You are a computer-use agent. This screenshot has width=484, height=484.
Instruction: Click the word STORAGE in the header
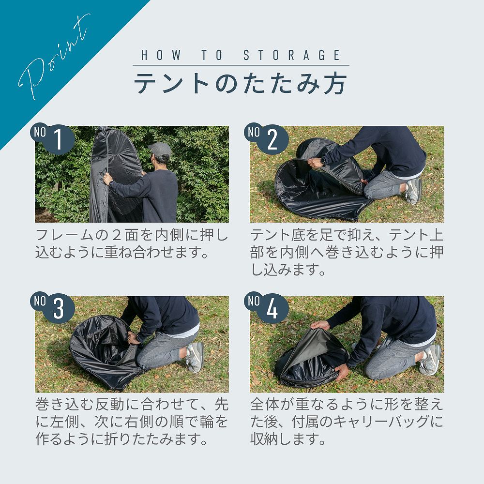point(292,55)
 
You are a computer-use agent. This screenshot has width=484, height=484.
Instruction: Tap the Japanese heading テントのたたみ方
point(241,83)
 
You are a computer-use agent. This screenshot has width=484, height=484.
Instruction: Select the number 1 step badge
point(52,139)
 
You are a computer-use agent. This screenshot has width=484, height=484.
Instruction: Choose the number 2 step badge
point(266,139)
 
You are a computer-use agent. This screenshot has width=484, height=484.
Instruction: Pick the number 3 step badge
point(52,308)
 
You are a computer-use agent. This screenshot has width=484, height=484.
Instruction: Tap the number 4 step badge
point(266,308)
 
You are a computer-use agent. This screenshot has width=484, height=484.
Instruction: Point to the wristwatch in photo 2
point(322,161)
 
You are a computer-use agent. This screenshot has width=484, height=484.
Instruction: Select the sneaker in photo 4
point(431,359)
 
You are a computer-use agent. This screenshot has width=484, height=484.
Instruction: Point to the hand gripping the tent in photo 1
point(107,179)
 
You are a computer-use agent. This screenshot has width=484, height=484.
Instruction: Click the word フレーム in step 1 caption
point(64,235)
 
